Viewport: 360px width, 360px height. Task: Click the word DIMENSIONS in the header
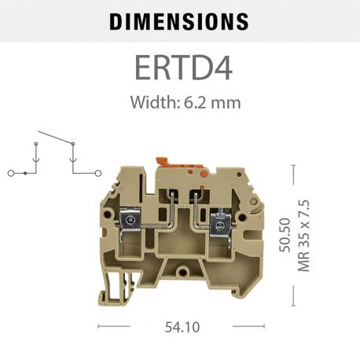tap(179, 21)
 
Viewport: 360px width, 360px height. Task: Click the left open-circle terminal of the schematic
tap(9, 171)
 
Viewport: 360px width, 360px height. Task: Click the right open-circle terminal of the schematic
tap(99, 171)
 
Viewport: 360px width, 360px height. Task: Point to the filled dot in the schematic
tap(26, 171)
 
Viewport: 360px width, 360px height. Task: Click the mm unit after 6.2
tap(227, 102)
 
